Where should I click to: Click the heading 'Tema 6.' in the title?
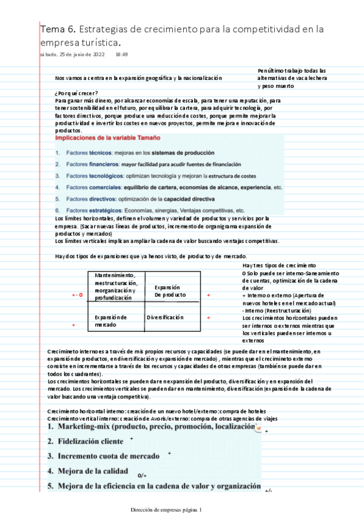(58, 28)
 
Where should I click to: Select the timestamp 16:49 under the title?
(121, 55)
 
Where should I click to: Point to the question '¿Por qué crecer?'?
(76, 93)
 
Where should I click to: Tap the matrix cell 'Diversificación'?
(164, 317)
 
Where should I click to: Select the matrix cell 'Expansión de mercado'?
(111, 321)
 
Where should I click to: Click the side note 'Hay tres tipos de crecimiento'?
(278, 265)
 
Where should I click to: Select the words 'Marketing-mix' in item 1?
(85, 427)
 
